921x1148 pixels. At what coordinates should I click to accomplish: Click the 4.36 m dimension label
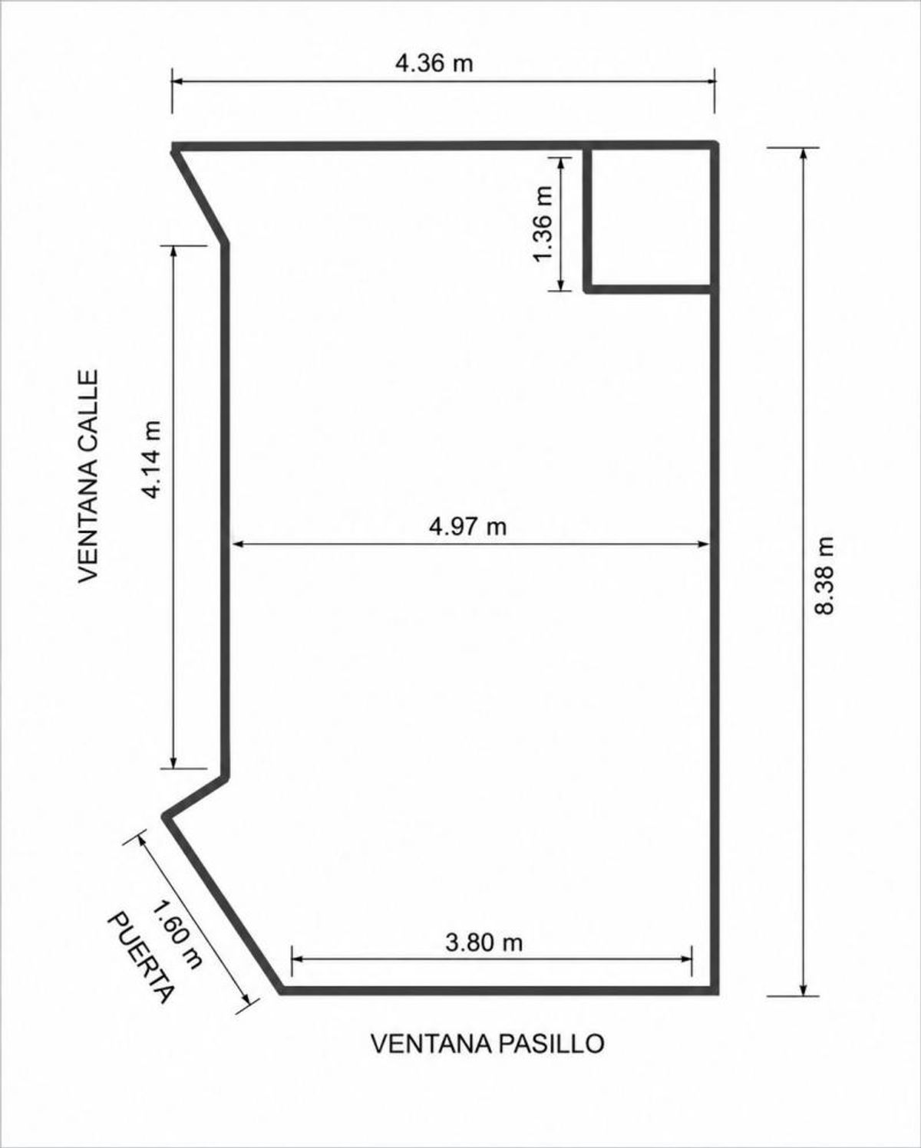point(434,64)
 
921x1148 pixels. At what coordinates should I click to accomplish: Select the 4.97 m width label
point(467,527)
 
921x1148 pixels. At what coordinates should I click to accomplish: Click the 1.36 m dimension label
point(544,224)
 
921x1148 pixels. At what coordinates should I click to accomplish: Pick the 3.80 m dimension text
point(484,944)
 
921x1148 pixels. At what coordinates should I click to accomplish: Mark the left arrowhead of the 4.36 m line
point(178,81)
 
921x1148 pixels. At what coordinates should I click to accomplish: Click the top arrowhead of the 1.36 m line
point(560,164)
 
